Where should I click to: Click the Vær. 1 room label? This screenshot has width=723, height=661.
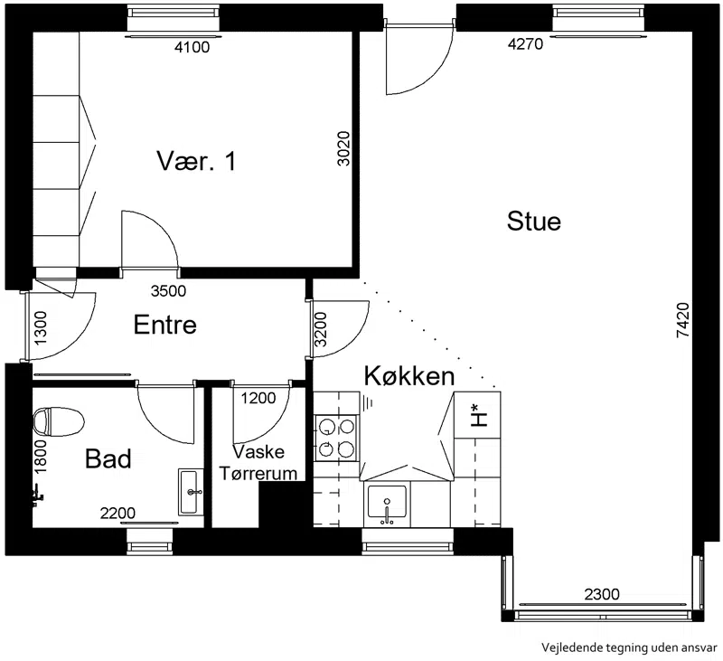[x=196, y=161]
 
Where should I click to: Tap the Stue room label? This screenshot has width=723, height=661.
[x=534, y=221]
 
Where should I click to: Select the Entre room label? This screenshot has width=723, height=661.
[x=165, y=325]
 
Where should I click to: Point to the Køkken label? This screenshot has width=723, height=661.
[x=409, y=376]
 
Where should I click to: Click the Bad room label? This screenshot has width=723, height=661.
[x=108, y=458]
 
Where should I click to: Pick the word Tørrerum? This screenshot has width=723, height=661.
[x=258, y=473]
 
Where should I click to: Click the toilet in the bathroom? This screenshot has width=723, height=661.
[x=59, y=421]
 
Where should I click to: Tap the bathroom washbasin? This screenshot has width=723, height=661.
[x=191, y=492]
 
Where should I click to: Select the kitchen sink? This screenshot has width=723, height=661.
[x=387, y=504]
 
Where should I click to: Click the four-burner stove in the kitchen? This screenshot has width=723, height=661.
[x=336, y=438]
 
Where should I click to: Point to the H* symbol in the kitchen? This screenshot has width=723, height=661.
[x=479, y=416]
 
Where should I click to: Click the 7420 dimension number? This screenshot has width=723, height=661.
[x=683, y=320]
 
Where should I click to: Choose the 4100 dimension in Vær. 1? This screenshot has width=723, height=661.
[x=192, y=47]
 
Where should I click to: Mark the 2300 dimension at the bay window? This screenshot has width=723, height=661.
[x=602, y=594]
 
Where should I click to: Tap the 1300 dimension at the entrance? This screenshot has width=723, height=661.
[x=41, y=328]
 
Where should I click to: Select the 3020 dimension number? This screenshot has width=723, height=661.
[x=344, y=148]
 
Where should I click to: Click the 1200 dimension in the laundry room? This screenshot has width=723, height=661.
[x=258, y=398]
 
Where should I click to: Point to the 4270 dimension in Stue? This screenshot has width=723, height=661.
[x=526, y=43]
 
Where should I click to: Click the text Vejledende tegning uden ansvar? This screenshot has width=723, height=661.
[x=629, y=647]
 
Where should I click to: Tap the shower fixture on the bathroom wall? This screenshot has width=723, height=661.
[x=38, y=496]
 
